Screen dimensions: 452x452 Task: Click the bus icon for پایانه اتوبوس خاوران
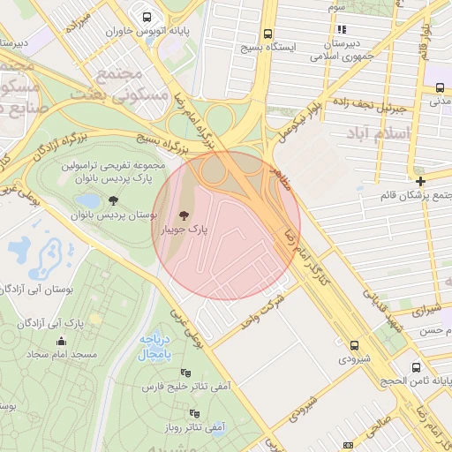pyautogui.click(x=146, y=16)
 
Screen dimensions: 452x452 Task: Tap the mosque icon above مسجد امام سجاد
pyautogui.click(x=61, y=342)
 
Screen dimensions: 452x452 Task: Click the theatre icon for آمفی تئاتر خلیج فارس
pyautogui.click(x=185, y=373)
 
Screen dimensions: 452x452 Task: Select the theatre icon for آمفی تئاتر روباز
pyautogui.click(x=194, y=413)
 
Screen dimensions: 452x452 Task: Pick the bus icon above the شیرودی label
pyautogui.click(x=354, y=346)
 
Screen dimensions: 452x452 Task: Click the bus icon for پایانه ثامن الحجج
pyautogui.click(x=414, y=366)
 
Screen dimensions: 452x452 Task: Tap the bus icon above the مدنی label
pyautogui.click(x=440, y=87)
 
